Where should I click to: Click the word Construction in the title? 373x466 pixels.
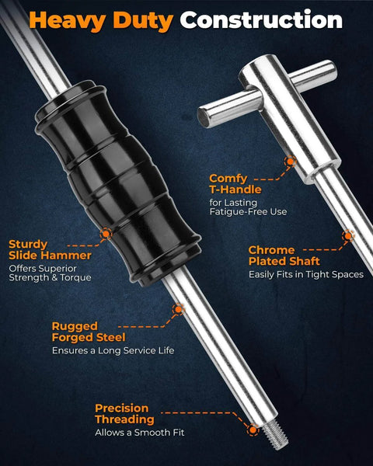[x=261, y=20]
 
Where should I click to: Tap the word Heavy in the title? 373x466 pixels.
[x=68, y=22]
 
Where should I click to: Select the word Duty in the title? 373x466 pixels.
[x=143, y=22]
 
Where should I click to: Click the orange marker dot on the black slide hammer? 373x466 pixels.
[x=106, y=234]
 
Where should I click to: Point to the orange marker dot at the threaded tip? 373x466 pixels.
[x=253, y=429]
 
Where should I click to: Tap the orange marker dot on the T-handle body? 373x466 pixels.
[x=290, y=162]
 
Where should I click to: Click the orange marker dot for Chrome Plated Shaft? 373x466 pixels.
[x=347, y=236]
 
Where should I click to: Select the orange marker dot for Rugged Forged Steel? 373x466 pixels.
[x=178, y=309]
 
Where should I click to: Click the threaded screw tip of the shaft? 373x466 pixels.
[x=275, y=434]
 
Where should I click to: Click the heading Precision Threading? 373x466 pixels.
[x=124, y=414]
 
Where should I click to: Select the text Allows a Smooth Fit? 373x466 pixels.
[x=140, y=432]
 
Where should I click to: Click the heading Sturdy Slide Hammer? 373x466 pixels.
[x=50, y=249]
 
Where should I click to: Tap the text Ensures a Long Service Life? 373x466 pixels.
[x=113, y=350]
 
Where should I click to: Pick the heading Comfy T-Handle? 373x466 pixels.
[x=235, y=183]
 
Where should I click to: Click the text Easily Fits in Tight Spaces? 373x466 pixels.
[x=306, y=274]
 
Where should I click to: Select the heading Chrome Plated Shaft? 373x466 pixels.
[x=284, y=256]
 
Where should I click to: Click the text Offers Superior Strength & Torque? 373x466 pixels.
[x=50, y=273]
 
